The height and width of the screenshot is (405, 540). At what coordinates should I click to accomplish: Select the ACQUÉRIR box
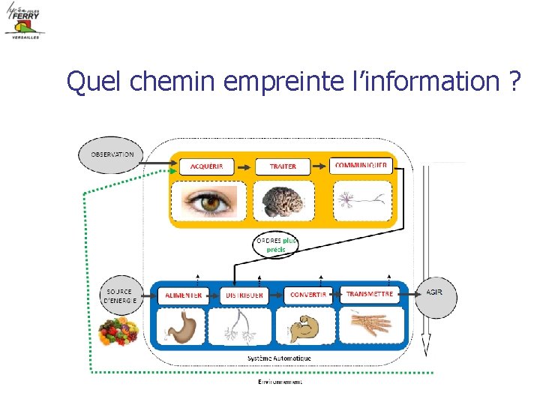(x=211, y=166)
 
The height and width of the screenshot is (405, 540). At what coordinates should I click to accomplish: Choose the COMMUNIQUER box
(x=361, y=165)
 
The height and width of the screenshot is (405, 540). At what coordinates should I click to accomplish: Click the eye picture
(x=204, y=202)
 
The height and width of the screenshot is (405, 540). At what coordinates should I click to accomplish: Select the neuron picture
(x=362, y=200)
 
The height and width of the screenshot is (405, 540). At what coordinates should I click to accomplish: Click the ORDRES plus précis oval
(x=274, y=244)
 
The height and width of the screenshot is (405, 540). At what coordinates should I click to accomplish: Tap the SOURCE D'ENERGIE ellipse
(x=120, y=295)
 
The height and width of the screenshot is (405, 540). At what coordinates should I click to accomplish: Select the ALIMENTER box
(x=184, y=295)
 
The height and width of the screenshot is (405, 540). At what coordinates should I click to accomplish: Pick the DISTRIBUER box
(x=244, y=295)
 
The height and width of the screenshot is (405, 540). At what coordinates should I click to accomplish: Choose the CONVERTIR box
(x=308, y=295)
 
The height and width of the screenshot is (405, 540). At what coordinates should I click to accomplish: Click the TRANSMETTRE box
(x=370, y=295)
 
